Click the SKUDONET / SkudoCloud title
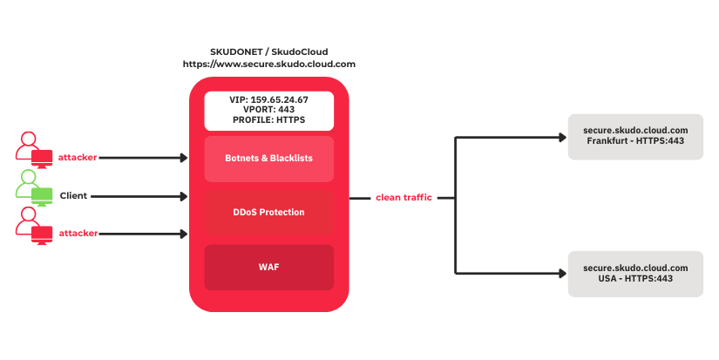pyautogui.click(x=268, y=51)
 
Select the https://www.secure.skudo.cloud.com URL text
pyautogui.click(x=268, y=64)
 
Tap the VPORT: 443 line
pyautogui.click(x=268, y=110)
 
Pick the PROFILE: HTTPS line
pyautogui.click(x=268, y=120)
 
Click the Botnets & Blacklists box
pyautogui.click(x=268, y=159)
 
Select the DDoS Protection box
pyautogui.click(x=268, y=213)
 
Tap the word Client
pyautogui.click(x=73, y=196)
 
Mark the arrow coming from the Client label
pyautogui.click(x=139, y=196)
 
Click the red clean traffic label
pyautogui.click(x=403, y=199)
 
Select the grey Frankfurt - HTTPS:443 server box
pyautogui.click(x=635, y=136)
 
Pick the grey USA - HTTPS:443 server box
pyautogui.click(x=635, y=273)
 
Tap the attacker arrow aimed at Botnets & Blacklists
pyautogui.click(x=144, y=158)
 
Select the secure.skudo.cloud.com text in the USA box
pyautogui.click(x=635, y=268)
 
